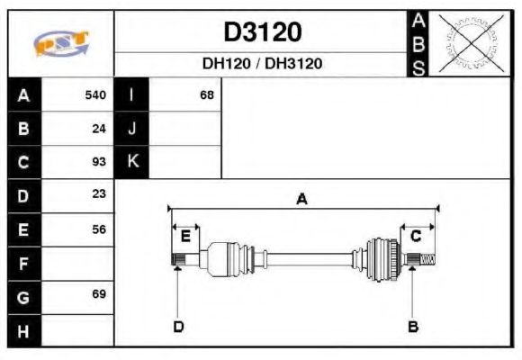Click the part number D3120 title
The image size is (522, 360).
click(262, 32)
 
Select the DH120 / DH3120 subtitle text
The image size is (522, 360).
click(262, 64)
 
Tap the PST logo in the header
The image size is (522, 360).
click(61, 44)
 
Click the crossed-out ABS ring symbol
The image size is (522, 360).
click(469, 43)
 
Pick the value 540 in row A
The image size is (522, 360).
click(95, 94)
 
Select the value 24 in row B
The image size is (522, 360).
click(99, 128)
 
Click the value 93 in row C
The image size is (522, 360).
click(99, 162)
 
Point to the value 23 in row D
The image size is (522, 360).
click(99, 194)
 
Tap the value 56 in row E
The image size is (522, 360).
click(99, 229)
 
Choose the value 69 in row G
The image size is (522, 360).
click(99, 294)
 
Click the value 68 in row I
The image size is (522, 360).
click(207, 94)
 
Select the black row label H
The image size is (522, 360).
click(23, 329)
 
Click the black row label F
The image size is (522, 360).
click(23, 263)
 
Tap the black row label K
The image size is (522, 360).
click(132, 162)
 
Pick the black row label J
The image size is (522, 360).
click(132, 128)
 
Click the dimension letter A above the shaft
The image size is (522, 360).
click(302, 199)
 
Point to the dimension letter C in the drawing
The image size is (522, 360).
click(416, 236)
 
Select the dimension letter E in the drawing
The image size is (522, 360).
click(185, 236)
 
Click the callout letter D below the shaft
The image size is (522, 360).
click(178, 326)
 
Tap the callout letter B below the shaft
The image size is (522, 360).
click(413, 326)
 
